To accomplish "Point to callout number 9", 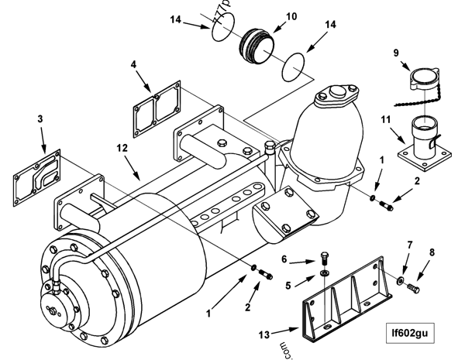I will (x=395, y=53).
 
